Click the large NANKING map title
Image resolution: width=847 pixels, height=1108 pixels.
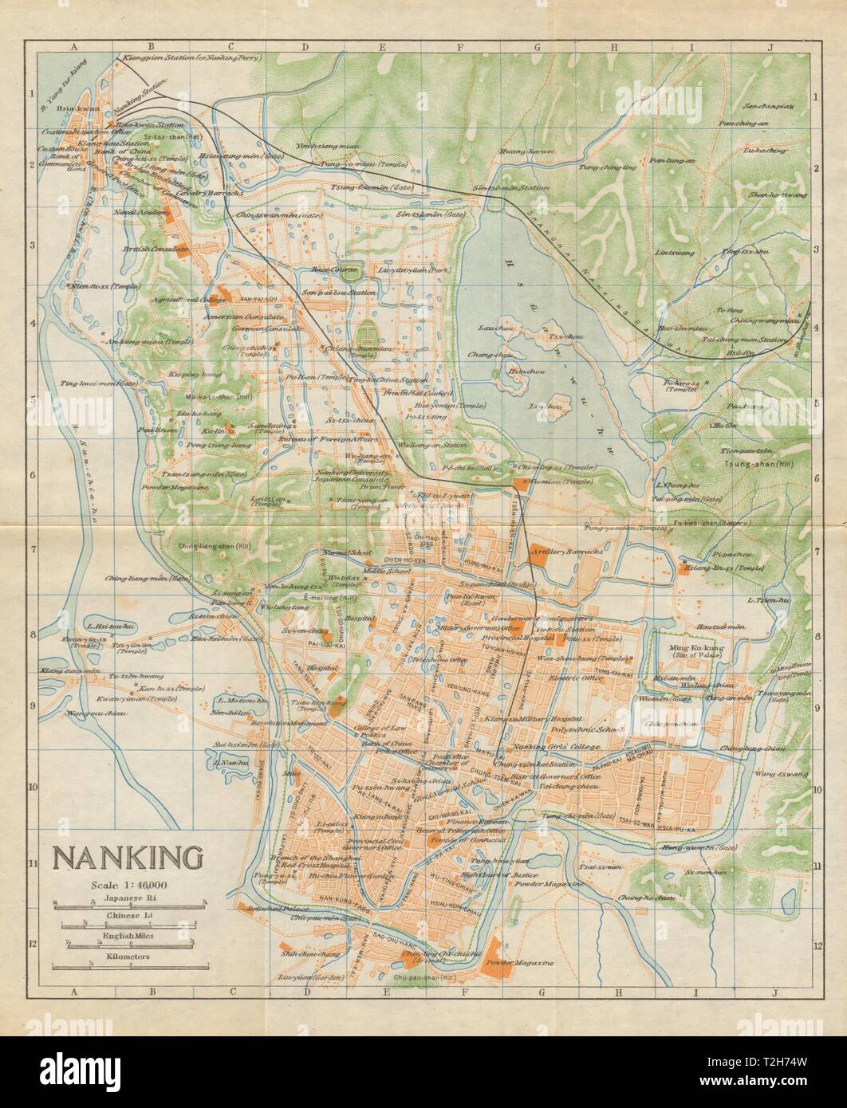(127, 858)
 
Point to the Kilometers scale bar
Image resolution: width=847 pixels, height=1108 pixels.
(128, 966)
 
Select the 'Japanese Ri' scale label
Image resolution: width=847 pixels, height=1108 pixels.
(128, 896)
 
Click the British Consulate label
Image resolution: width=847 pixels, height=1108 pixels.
(155, 249)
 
